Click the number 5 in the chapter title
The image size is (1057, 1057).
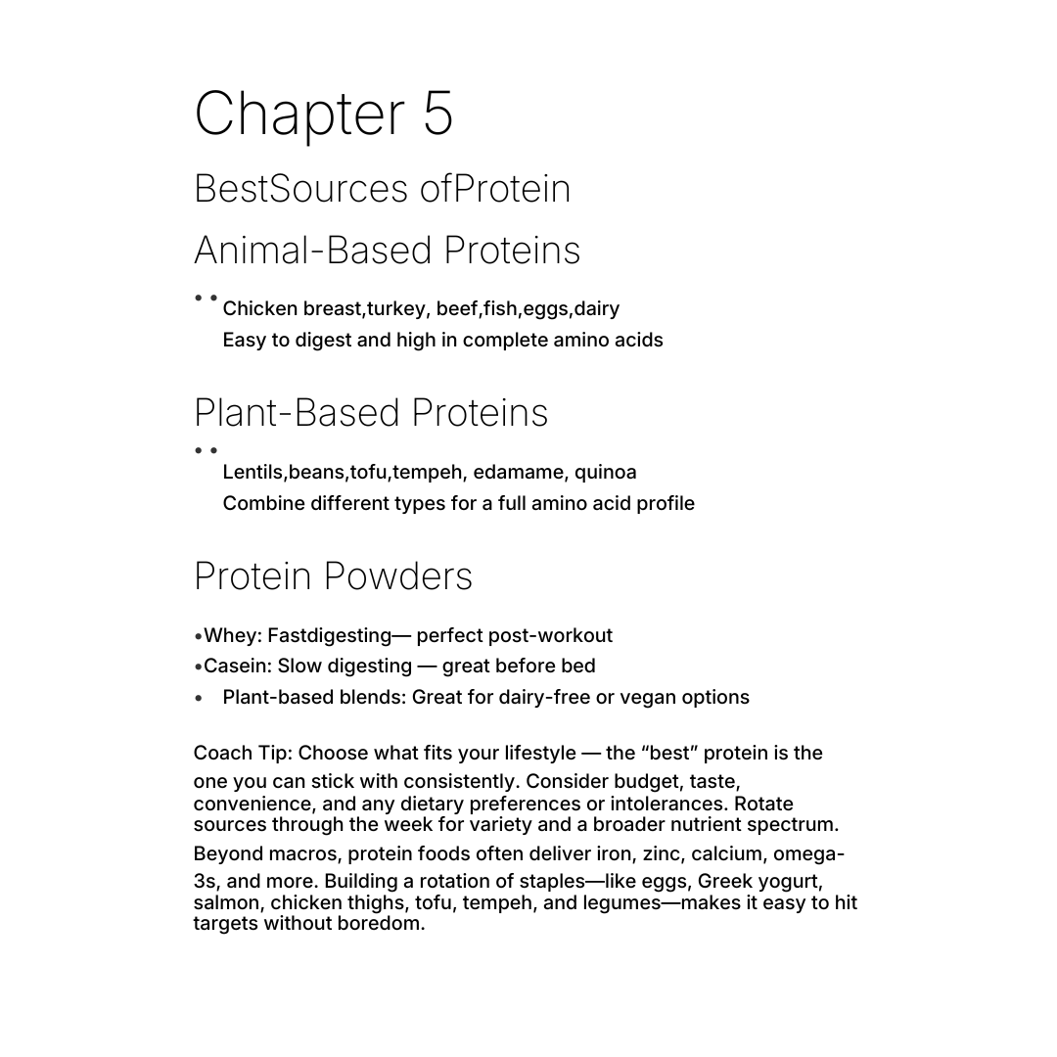coord(438,114)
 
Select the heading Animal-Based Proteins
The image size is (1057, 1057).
coord(387,251)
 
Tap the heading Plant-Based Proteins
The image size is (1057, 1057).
coord(371,413)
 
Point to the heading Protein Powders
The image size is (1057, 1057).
coord(333,576)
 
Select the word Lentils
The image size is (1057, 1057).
coord(253,472)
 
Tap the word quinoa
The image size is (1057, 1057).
coord(605,473)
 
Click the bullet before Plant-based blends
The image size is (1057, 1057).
coord(199,699)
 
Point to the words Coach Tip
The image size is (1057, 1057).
coord(241,754)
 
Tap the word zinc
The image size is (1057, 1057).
coord(662,854)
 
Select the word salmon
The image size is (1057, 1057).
coord(227,902)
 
